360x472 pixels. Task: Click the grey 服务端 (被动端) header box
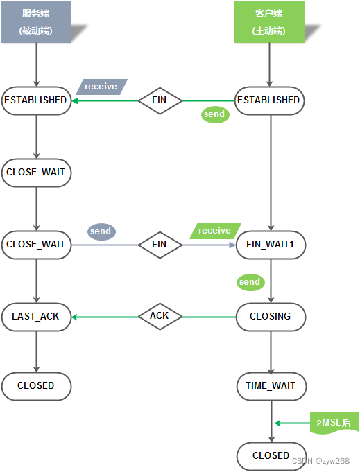point(37,21)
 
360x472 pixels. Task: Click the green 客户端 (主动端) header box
point(269,21)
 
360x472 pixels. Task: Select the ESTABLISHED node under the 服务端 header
point(37,100)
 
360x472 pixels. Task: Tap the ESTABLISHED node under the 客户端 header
point(269,100)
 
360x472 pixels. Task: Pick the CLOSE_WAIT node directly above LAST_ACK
point(37,245)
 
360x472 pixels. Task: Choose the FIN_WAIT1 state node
point(271,245)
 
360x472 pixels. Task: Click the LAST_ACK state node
point(37,317)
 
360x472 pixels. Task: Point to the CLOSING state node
point(271,317)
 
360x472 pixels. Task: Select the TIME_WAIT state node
point(271,386)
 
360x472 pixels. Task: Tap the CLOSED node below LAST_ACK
point(37,386)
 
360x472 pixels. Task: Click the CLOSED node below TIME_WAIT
point(271,456)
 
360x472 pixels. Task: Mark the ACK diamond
point(160,316)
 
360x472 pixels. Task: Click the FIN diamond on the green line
point(160,100)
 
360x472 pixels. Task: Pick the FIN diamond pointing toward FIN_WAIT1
point(160,245)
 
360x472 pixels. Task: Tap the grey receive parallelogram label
point(101,87)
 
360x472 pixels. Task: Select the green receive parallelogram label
point(215,231)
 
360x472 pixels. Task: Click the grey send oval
point(101,231)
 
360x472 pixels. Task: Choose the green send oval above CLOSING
point(250,282)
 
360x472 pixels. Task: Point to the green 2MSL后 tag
point(334,423)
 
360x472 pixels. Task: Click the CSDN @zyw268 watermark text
point(321,461)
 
